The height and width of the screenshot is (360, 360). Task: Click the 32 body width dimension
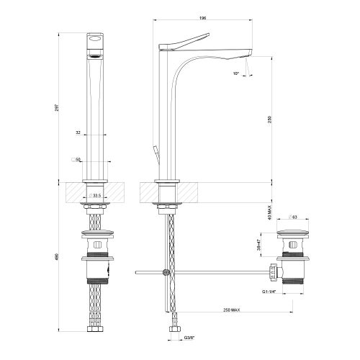tap(77, 132)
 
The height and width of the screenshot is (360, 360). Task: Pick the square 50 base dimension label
tap(75, 159)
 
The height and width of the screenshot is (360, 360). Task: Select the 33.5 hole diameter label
tap(96, 195)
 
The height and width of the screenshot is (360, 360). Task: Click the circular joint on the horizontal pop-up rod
tap(166, 272)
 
